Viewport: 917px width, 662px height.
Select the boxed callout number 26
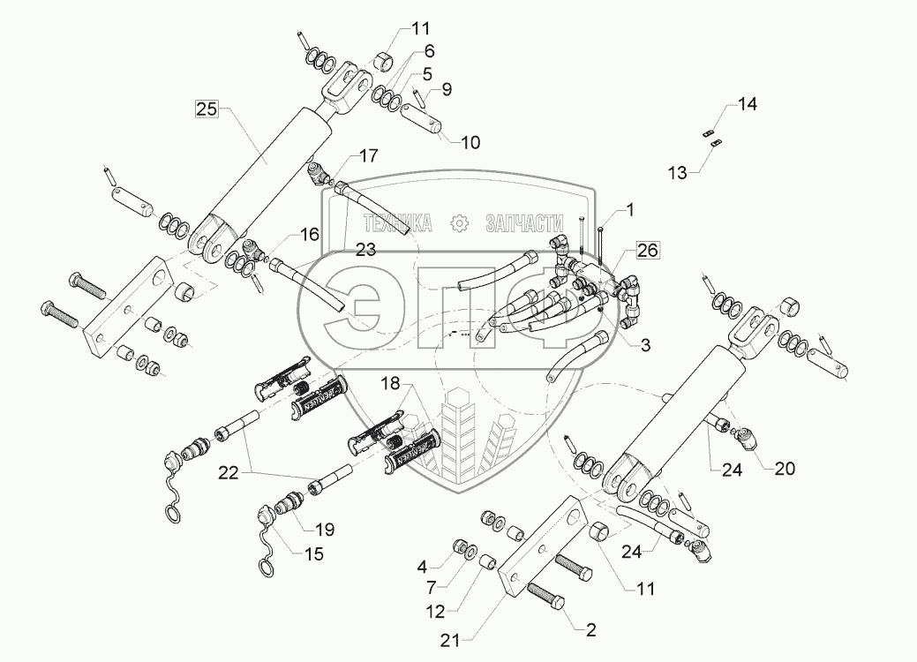click(x=647, y=251)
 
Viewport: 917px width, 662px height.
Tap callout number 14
click(x=748, y=104)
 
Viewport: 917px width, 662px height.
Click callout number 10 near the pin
click(x=470, y=142)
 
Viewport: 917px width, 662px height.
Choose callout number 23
click(x=365, y=250)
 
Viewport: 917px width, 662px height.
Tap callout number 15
click(x=314, y=554)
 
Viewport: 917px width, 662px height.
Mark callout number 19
click(x=326, y=530)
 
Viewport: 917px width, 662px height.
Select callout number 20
click(x=784, y=469)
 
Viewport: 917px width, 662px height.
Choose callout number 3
click(x=644, y=346)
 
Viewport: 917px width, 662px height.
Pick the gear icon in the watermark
click(x=459, y=224)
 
